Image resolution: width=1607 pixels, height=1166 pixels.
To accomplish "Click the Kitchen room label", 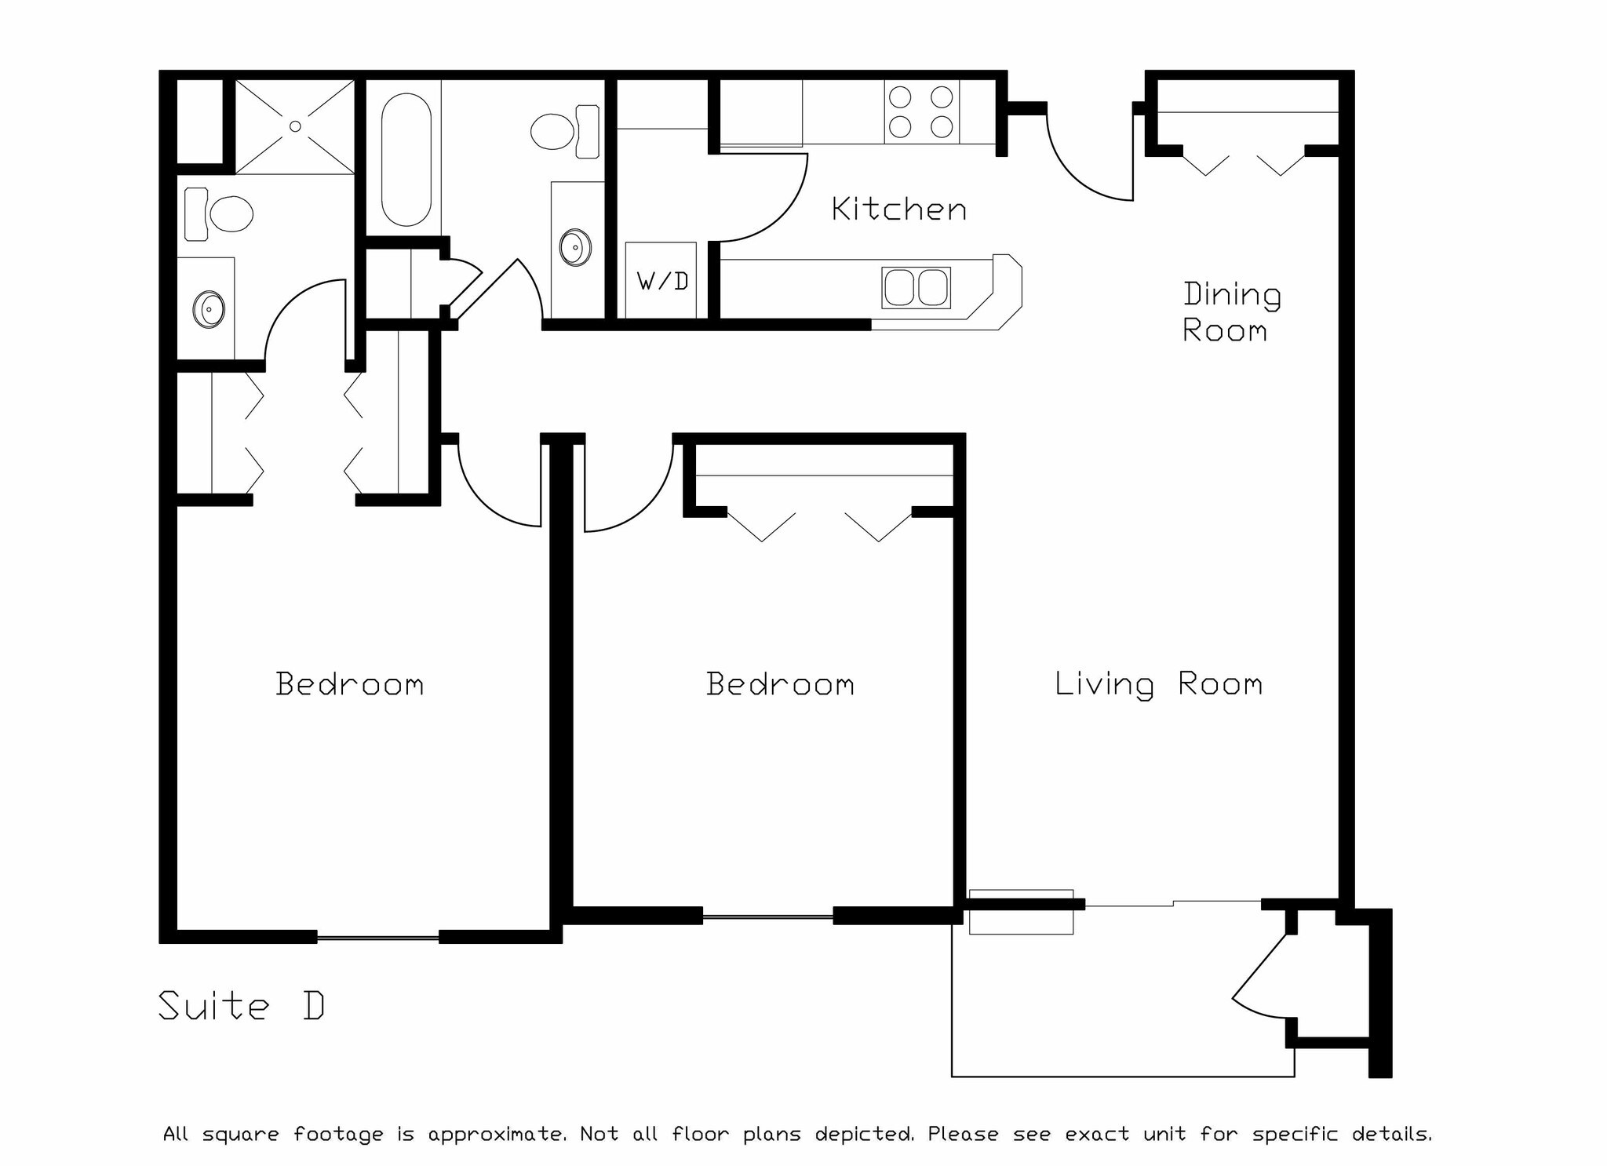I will pos(898,210).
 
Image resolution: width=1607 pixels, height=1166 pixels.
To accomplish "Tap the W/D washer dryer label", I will pos(662,281).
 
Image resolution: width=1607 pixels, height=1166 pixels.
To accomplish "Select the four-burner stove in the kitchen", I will pos(921,111).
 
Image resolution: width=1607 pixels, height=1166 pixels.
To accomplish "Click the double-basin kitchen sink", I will pos(916,287).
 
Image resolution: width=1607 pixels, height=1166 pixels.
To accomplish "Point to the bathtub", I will pos(406,160).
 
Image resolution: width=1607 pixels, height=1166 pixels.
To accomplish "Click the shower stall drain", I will pos(295,126).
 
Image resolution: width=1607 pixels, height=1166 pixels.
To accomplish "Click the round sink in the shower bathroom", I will pos(209,309).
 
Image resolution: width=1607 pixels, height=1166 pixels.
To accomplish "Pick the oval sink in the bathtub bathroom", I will pos(575,248).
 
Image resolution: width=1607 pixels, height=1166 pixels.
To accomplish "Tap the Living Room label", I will pos(1158,684).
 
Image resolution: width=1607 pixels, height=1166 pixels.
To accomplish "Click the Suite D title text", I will pos(241,1006).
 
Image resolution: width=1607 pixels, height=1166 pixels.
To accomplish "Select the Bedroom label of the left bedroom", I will pos(350,684).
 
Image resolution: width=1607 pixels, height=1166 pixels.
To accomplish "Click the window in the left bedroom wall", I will pos(377,936).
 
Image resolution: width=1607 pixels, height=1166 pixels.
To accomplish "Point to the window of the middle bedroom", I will pos(767,916).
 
